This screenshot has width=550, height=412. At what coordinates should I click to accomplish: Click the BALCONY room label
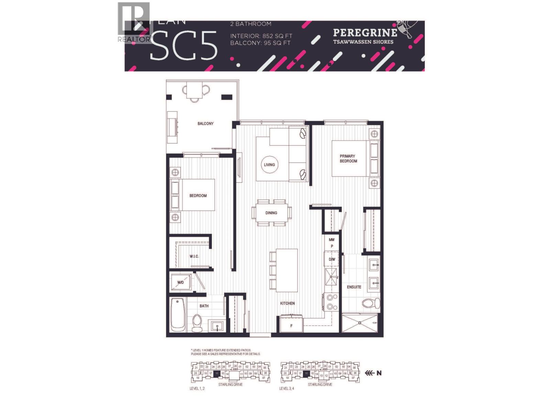click(206, 124)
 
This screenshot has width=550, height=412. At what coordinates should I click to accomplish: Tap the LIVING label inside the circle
click(269, 165)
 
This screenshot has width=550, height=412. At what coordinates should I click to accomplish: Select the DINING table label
click(271, 213)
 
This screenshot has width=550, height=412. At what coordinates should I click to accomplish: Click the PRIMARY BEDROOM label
click(348, 159)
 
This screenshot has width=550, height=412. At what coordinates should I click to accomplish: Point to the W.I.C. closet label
click(194, 256)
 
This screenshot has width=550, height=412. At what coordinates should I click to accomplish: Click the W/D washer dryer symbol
click(181, 283)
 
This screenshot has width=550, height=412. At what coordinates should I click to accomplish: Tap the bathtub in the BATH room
click(178, 314)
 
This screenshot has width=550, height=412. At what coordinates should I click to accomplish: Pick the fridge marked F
click(291, 325)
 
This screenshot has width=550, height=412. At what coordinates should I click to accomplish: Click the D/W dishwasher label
click(332, 259)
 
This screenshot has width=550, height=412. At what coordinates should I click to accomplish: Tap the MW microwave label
click(332, 240)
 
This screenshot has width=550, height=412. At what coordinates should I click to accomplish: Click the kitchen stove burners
click(332, 302)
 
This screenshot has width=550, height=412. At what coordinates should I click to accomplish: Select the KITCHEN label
click(287, 303)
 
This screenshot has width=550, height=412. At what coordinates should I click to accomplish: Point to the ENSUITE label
click(354, 287)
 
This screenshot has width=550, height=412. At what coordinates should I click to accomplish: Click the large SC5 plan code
click(184, 45)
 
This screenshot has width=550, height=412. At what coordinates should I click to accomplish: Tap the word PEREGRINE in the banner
click(365, 33)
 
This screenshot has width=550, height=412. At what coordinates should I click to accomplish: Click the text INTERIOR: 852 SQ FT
click(261, 36)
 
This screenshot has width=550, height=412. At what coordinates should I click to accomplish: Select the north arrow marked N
click(374, 373)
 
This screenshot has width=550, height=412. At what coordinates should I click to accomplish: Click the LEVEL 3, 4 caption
click(287, 389)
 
